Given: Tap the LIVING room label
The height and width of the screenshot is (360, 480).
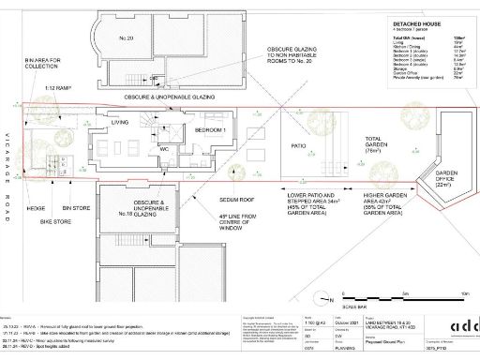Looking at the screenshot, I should click(120, 122).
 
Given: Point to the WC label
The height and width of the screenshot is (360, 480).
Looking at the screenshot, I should click(163, 147).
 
